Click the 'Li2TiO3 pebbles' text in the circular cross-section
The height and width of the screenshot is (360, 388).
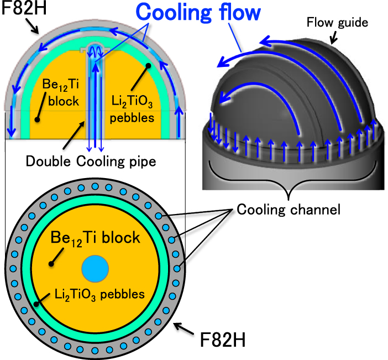pyautogui.click(x=99, y=294)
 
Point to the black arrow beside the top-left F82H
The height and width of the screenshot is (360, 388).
pyautogui.click(x=33, y=27)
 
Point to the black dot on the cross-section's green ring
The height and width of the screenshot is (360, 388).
pyautogui.click(x=36, y=302)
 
